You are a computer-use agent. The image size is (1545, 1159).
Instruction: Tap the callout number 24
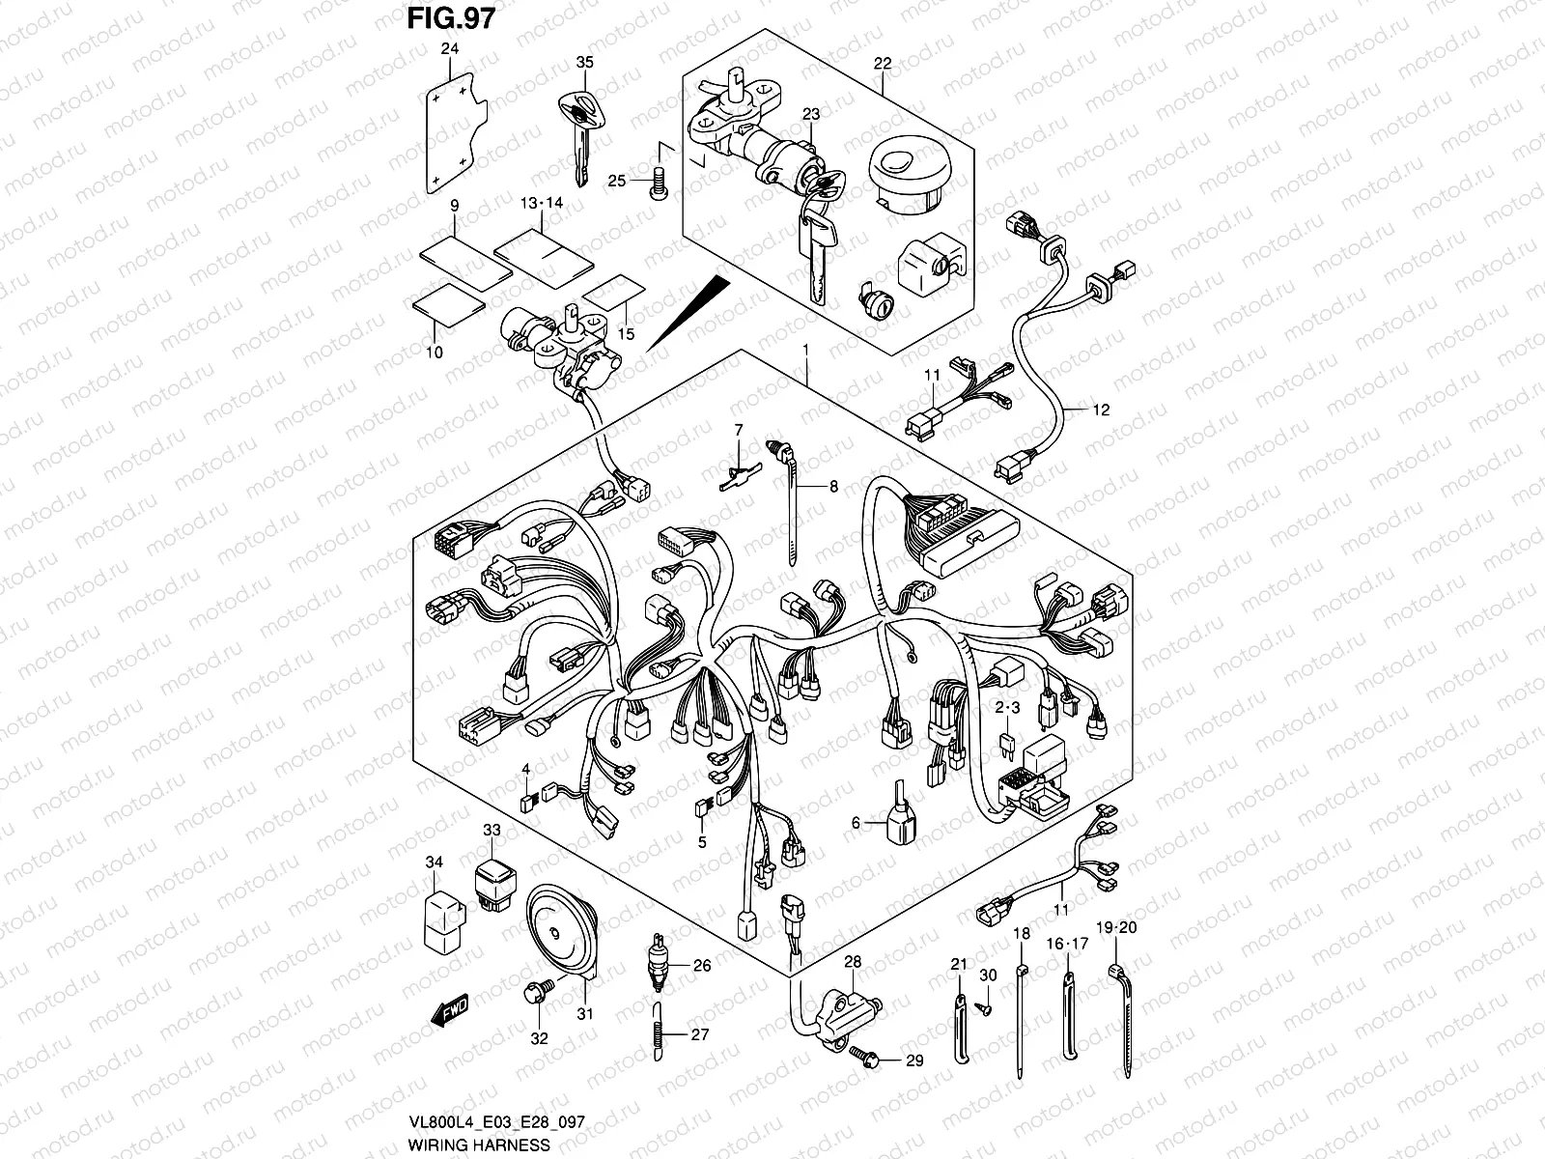coord(450,49)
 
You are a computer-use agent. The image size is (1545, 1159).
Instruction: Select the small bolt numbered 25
coord(661,182)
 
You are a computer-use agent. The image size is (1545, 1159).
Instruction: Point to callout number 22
coord(883,64)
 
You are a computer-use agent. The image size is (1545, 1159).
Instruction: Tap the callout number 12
coord(1101,410)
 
